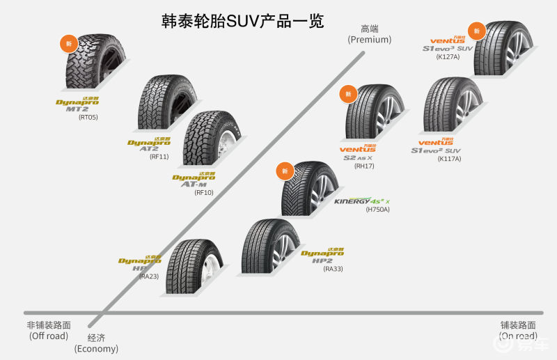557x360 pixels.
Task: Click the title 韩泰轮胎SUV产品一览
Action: pyautogui.click(x=242, y=21)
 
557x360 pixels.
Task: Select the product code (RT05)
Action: pyautogui.click(x=88, y=118)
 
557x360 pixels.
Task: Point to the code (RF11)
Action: pyautogui.click(x=159, y=157)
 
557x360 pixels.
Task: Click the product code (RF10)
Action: pyautogui.click(x=204, y=192)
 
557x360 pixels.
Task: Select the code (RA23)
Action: pyautogui.click(x=149, y=276)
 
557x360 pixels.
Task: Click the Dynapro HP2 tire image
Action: pyautogui.click(x=272, y=249)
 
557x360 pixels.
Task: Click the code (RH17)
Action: pyautogui.click(x=364, y=166)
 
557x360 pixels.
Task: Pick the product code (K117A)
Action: pyautogui.click(x=449, y=159)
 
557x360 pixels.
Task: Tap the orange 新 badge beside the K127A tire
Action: pyautogui.click(x=477, y=30)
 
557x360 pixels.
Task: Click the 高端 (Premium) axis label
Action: pyautogui.click(x=369, y=34)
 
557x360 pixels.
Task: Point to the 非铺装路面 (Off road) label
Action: pyautogui.click(x=48, y=331)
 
